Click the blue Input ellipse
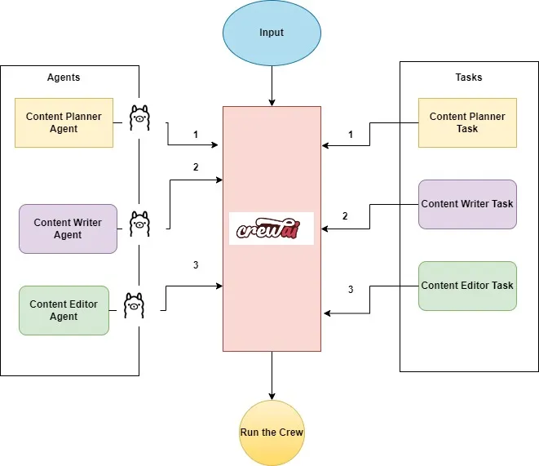tap(272, 33)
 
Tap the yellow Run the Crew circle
tap(272, 433)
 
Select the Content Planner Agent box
tap(64, 122)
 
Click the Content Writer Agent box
tap(68, 229)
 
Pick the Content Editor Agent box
tap(64, 310)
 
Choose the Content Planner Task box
tap(467, 122)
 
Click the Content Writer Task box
tap(467, 204)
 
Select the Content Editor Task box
tap(467, 286)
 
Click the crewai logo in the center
tap(272, 229)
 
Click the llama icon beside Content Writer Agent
tap(139, 221)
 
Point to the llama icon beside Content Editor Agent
tap(134, 304)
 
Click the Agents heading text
tap(64, 78)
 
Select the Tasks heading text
tap(468, 78)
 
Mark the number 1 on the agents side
tap(196, 133)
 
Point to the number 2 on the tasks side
tap(345, 216)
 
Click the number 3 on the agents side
tap(196, 265)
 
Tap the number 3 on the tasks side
tap(351, 290)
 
